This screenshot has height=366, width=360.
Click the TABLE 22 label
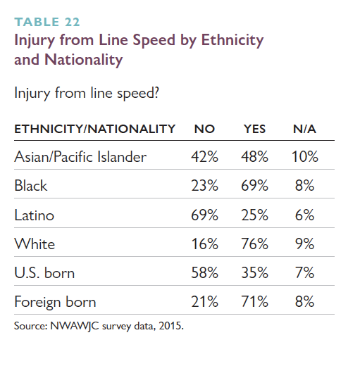pos(47,22)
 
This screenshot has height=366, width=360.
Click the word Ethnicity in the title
pos(232,40)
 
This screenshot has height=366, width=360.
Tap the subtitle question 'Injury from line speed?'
pos(87,93)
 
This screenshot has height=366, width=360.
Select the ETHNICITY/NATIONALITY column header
pos(95,129)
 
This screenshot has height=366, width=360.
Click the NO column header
pos(204,129)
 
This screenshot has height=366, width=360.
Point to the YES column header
pos(254,129)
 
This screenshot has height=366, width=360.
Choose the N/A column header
pos(304,129)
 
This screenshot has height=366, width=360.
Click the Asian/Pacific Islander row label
pos(80,156)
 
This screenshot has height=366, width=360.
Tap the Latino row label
pos(35,215)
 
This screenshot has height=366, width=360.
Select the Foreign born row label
pos(55,302)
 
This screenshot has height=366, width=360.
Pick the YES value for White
pos(254,244)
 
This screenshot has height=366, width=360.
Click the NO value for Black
pos(204,186)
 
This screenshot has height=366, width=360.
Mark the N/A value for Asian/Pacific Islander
pos(305,156)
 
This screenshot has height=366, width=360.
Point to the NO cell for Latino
pos(204,215)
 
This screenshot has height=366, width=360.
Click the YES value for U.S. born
pos(254,272)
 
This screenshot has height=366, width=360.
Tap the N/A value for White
pos(304,244)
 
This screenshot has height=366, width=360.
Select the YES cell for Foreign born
pos(254,301)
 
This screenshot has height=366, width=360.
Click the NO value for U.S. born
pos(204,272)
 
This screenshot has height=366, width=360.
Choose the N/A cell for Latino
pos(304,215)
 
